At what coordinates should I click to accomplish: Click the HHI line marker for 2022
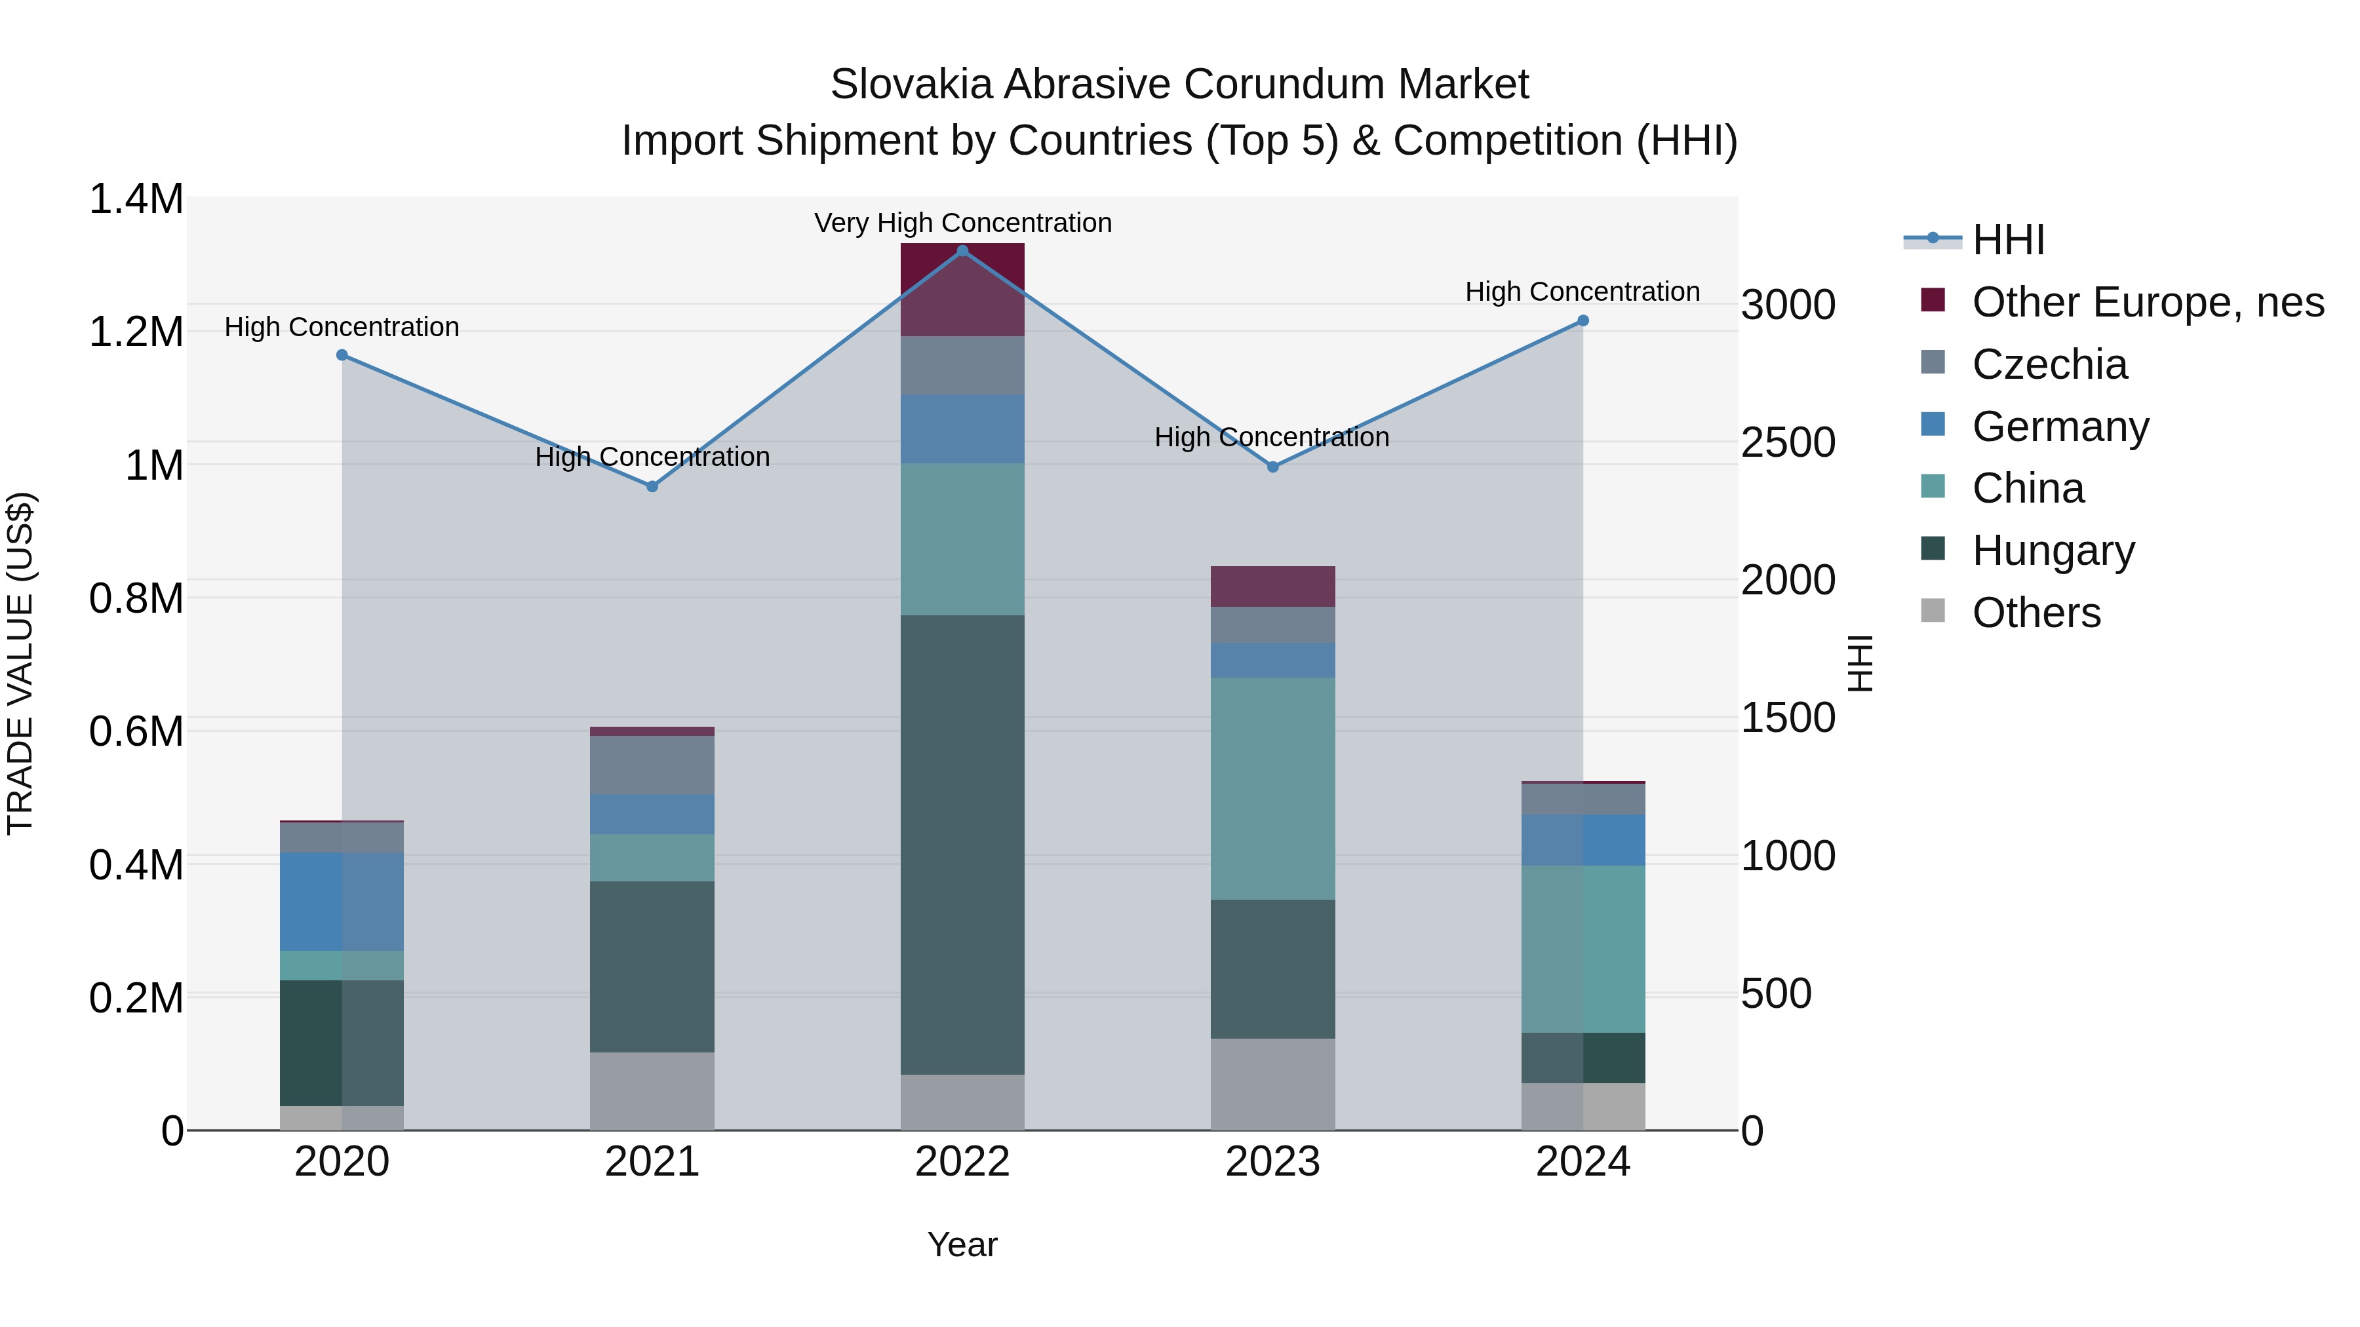[x=962, y=251]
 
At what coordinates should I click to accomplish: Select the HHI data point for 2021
[x=652, y=486]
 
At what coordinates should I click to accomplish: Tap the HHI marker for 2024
[x=1583, y=320]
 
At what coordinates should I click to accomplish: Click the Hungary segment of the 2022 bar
[x=962, y=843]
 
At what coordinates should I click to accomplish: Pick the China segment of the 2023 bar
[x=1272, y=788]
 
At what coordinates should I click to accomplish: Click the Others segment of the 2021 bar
[x=652, y=1090]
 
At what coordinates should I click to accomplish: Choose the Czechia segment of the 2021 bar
[x=652, y=765]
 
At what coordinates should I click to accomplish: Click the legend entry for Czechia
[x=2049, y=364]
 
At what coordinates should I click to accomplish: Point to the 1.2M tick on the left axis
[x=136, y=332]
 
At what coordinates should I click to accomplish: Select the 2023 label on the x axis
[x=1272, y=1162]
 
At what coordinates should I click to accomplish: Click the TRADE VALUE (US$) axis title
[x=20, y=663]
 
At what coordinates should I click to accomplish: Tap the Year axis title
[x=962, y=1244]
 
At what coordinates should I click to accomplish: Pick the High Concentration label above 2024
[x=1583, y=291]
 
